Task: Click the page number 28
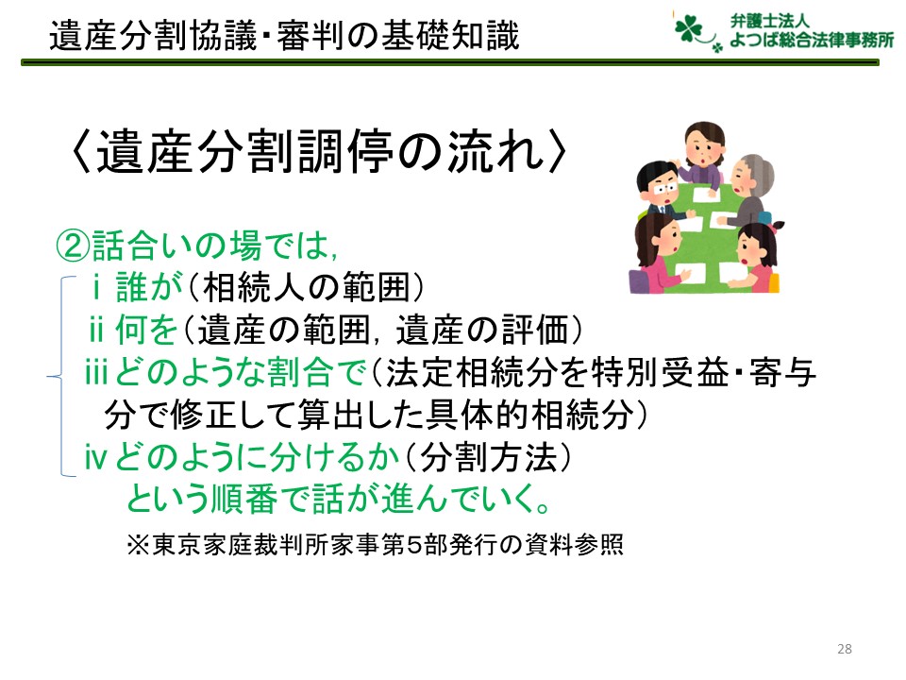click(844, 649)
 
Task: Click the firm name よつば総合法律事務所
click(812, 40)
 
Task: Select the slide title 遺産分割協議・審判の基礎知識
click(284, 35)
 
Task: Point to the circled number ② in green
click(73, 246)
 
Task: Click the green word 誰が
click(149, 287)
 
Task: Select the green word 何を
click(145, 330)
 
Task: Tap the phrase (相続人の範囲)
click(306, 287)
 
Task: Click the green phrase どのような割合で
click(241, 371)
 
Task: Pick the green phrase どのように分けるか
click(257, 457)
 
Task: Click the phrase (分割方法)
click(488, 457)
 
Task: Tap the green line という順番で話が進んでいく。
click(338, 499)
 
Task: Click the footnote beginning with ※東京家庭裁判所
click(375, 545)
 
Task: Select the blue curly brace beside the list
click(61, 377)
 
